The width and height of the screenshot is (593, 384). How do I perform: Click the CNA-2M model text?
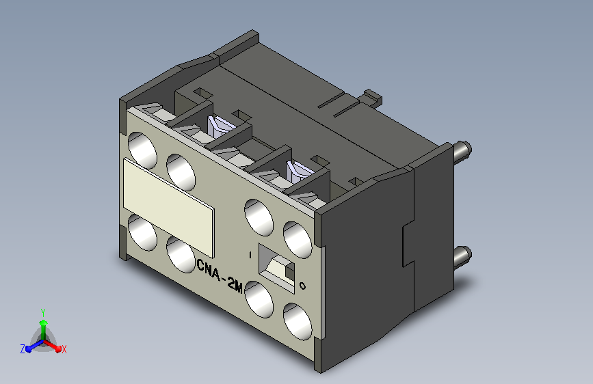(220, 275)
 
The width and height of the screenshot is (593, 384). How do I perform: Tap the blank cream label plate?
(169, 208)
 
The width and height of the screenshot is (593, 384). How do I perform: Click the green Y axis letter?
(43, 312)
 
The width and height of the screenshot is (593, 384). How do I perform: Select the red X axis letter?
(64, 350)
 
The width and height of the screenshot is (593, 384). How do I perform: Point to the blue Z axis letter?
(23, 349)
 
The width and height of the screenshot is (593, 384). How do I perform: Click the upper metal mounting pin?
(462, 150)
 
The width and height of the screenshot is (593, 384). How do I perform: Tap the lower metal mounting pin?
(462, 256)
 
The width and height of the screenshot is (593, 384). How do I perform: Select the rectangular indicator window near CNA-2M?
(276, 268)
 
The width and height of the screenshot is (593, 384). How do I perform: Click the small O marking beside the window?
(302, 286)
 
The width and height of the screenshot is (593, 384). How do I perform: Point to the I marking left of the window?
(250, 255)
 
